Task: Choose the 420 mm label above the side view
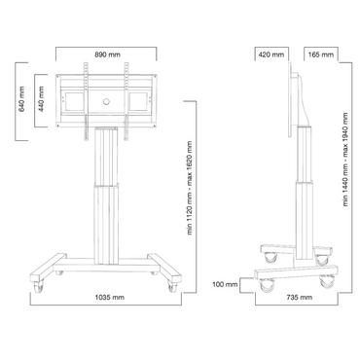coord(272,55)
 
